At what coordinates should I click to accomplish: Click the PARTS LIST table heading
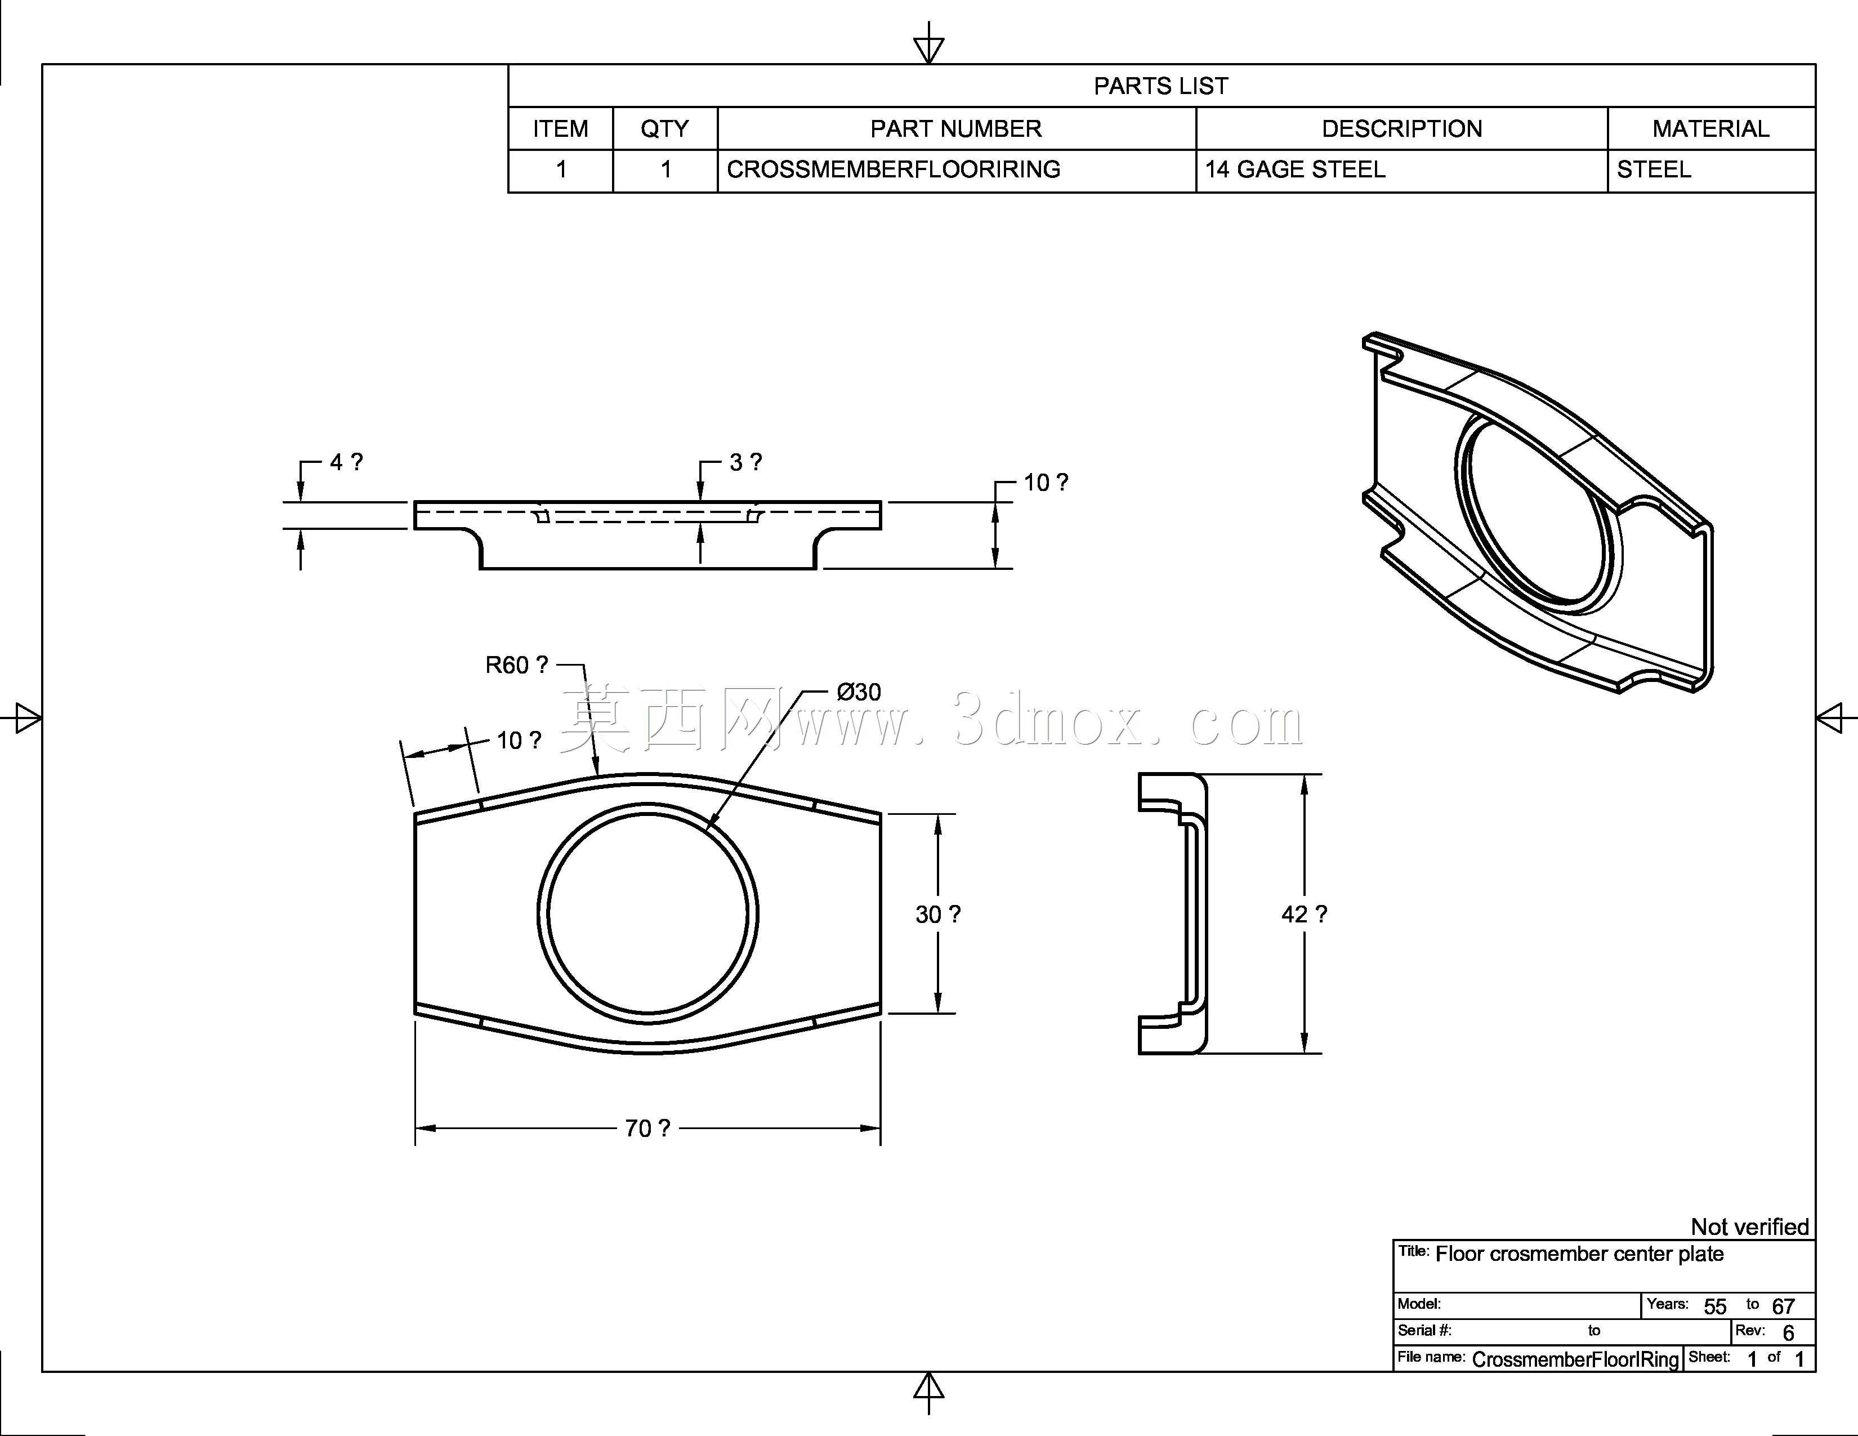pos(1160,86)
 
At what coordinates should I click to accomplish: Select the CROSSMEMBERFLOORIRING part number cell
pos(894,170)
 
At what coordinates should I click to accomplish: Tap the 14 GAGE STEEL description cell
pos(1295,170)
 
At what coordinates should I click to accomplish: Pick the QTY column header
pos(664,128)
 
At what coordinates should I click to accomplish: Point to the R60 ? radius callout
pos(516,665)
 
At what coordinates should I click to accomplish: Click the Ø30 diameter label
pos(859,692)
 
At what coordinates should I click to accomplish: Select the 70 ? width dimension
pos(647,1128)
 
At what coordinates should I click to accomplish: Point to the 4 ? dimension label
pos(346,462)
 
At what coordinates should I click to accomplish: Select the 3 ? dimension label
pos(745,462)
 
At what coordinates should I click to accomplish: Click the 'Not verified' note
pos(1749,1226)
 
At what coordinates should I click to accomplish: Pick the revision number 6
pos(1788,1333)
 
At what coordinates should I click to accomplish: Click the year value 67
pos(1783,1306)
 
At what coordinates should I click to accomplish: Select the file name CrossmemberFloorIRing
pos(1575,1359)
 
